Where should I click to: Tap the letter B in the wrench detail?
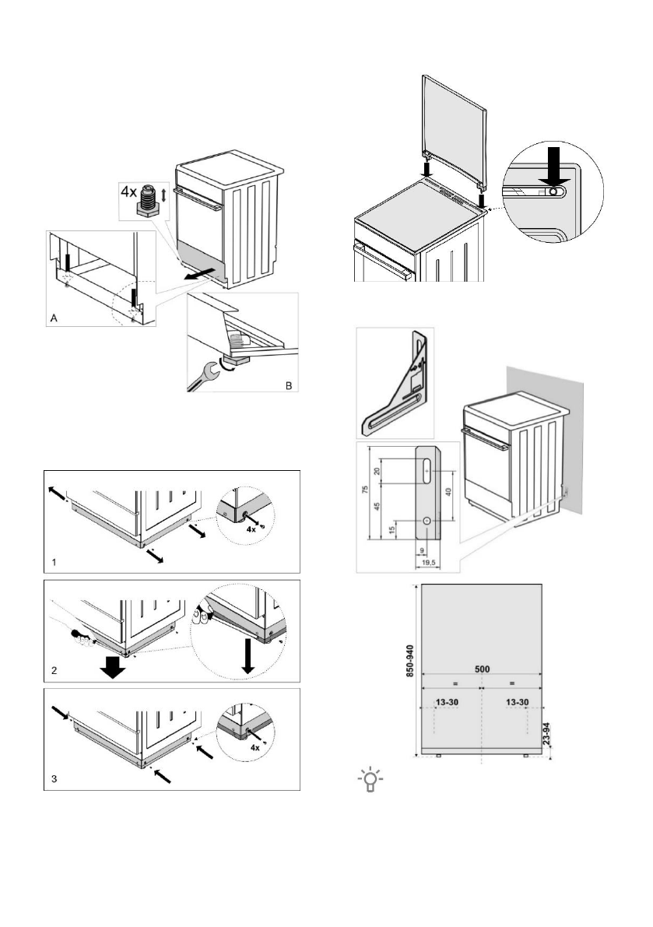[288, 383]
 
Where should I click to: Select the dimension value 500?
[482, 667]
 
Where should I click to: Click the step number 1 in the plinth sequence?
[53, 560]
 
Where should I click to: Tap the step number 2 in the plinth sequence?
[53, 669]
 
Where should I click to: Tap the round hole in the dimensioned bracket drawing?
[427, 518]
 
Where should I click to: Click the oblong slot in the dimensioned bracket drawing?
[427, 470]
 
